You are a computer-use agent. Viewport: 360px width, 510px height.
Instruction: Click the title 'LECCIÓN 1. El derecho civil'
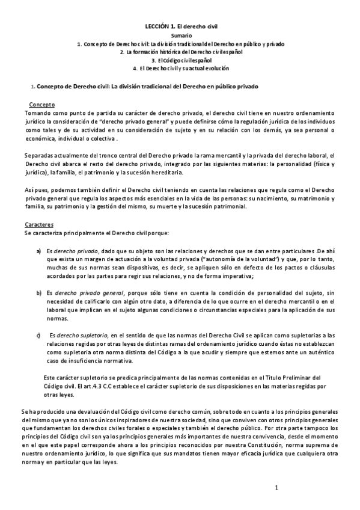coord(181,28)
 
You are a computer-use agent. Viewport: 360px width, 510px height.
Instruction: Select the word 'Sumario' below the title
coord(181,37)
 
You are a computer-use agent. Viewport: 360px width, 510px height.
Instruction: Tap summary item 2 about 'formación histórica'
coord(181,52)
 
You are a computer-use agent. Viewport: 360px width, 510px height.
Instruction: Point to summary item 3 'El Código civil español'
coord(181,61)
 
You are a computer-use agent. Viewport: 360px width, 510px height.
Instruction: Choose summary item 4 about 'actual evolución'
coord(181,69)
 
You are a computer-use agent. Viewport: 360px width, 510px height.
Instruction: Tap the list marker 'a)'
coord(39,250)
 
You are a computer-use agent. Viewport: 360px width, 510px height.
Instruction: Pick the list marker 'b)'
coord(39,292)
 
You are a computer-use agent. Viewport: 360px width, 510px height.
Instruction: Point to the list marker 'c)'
coord(39,334)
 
